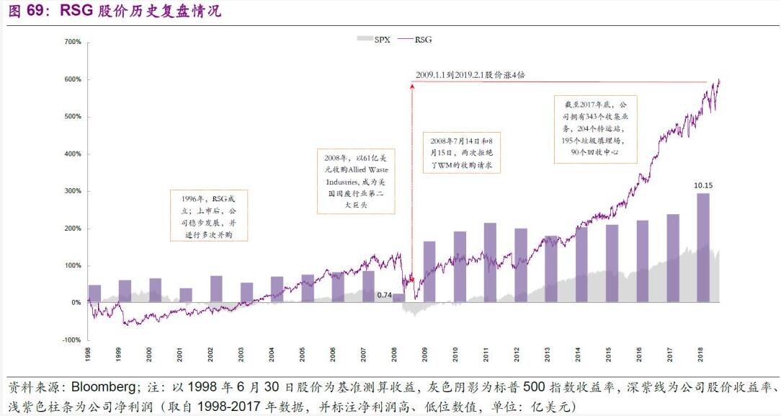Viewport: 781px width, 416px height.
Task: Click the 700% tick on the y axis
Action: [72, 42]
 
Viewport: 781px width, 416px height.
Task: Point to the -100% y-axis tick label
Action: [71, 340]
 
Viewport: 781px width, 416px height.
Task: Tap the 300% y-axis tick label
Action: [72, 191]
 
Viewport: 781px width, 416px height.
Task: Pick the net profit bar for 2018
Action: [703, 247]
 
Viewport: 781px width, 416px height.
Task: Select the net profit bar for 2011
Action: [490, 262]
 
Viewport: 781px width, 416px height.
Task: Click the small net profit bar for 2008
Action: [398, 298]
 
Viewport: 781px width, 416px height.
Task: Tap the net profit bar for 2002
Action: [216, 289]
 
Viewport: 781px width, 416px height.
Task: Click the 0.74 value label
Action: [384, 295]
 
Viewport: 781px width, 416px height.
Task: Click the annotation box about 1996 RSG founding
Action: [208, 214]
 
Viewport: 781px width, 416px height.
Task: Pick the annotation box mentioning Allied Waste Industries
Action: [356, 181]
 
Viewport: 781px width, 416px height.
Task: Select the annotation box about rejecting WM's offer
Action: [461, 152]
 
